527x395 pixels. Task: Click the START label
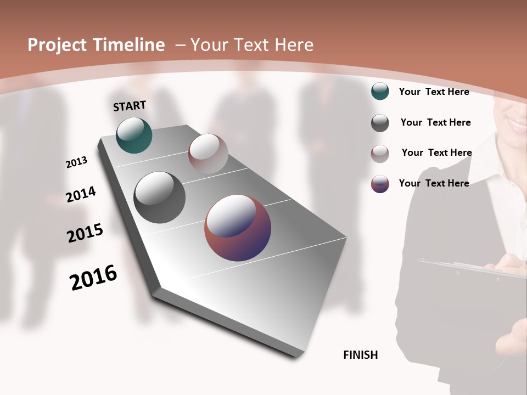point(130,106)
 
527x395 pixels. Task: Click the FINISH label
point(360,355)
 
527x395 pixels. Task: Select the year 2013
point(76,162)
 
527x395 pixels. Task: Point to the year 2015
point(85,233)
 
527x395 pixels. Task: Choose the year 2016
point(93,277)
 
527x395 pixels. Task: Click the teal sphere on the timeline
point(134,135)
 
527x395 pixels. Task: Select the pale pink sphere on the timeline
point(208,154)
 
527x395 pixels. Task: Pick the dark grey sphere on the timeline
point(159,198)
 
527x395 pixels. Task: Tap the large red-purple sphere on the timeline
point(238,228)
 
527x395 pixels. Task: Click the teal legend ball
point(380,91)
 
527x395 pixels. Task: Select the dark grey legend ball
point(380,123)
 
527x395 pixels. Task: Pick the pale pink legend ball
point(380,154)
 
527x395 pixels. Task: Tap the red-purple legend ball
point(380,184)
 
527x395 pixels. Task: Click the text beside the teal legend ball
point(434,92)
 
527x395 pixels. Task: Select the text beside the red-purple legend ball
point(434,183)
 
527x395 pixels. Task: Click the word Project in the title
point(57,45)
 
